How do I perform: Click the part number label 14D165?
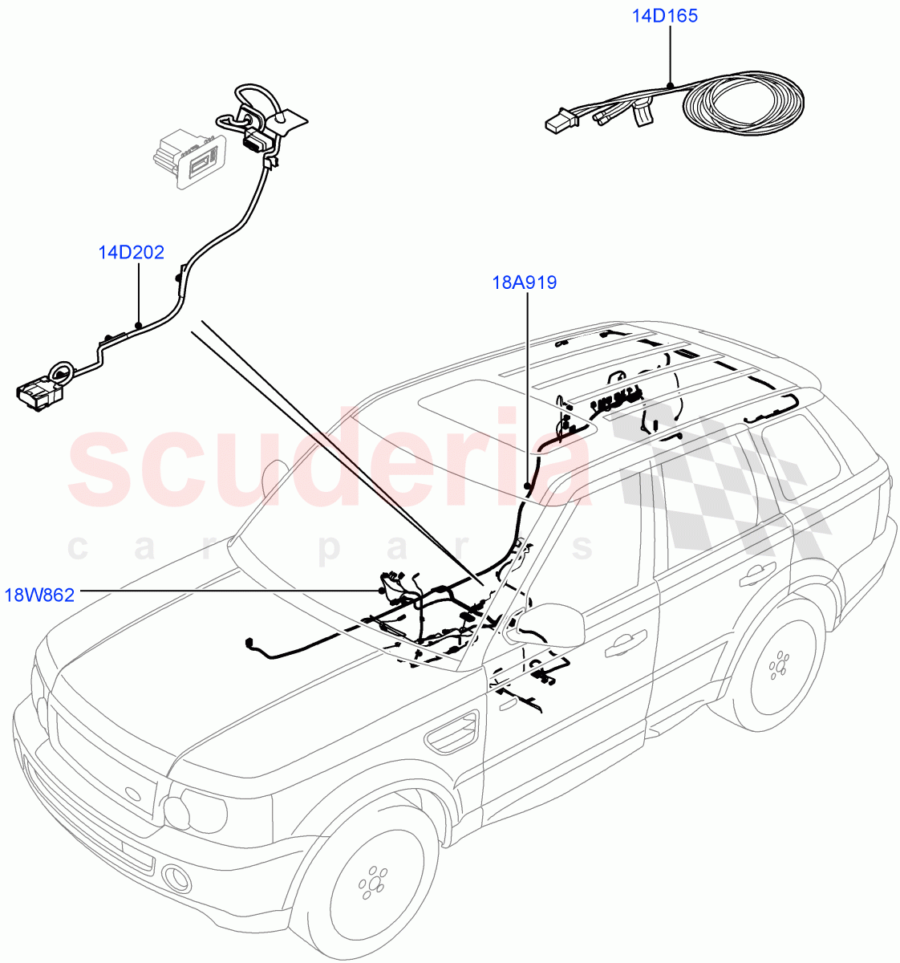[x=664, y=15]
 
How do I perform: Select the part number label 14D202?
[x=131, y=253]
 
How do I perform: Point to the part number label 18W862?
[x=39, y=595]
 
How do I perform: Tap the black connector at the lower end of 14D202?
[x=39, y=393]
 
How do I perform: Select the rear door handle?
[x=754, y=574]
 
